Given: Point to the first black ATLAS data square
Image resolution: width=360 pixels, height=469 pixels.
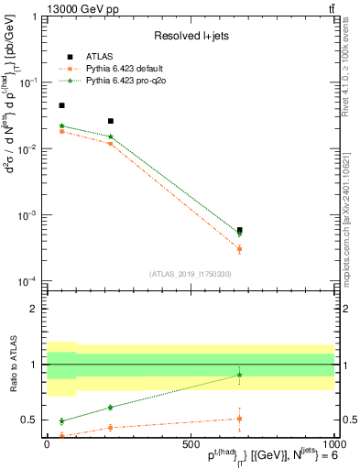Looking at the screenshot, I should pos(61,106).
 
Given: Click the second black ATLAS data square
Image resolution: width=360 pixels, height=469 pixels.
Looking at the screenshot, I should pos(111,121).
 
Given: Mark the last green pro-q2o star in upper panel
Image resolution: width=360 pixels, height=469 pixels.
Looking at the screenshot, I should pos(239,234).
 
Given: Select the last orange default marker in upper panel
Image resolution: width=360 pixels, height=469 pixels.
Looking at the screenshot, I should pos(239,249).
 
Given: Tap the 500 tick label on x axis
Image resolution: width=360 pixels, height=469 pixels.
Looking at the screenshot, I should pos(191,443).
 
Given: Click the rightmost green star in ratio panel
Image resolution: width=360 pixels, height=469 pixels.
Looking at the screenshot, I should pos(239,375).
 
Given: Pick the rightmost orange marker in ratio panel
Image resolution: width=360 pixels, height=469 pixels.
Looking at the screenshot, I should pos(239,419).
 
